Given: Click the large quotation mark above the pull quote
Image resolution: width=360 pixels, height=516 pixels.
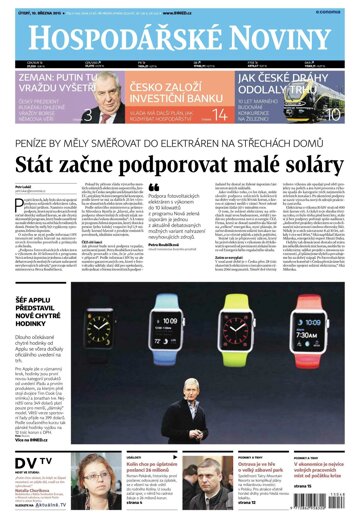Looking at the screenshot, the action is pos(152,188).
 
